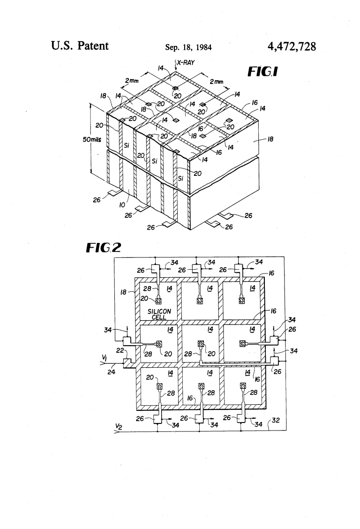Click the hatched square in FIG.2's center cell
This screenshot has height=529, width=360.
pos(201,344)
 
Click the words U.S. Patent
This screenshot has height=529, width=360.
pos(79,46)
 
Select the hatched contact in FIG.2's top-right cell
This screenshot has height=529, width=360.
pos(242,301)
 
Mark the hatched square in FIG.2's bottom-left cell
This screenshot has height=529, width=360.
pos(159,387)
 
